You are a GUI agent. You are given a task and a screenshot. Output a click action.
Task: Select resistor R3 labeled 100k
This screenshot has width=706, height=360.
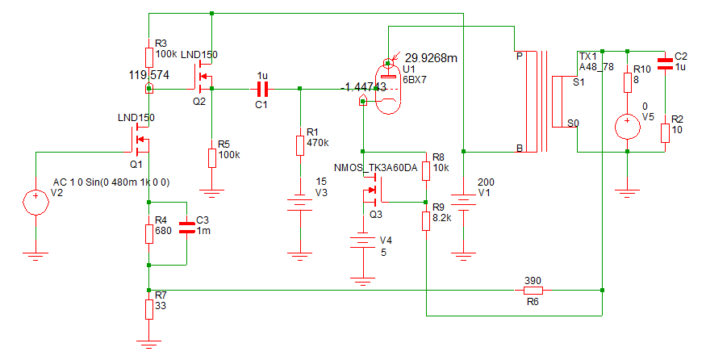[x=149, y=57]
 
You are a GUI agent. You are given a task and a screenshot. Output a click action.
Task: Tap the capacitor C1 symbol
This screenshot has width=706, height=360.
[x=262, y=90]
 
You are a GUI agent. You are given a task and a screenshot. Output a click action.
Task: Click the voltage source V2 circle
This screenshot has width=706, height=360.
[x=36, y=203]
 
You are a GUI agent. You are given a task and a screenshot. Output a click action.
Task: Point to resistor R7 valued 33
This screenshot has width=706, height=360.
[x=149, y=309]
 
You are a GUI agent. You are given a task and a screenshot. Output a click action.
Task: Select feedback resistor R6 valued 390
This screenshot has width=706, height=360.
[x=533, y=291]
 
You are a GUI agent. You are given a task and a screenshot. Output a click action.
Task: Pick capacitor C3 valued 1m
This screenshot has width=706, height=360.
[x=187, y=227]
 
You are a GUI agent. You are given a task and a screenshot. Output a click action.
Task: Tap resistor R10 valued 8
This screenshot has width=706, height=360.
[x=628, y=82]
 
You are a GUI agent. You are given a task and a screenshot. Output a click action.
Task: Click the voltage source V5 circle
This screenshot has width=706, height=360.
[x=628, y=126]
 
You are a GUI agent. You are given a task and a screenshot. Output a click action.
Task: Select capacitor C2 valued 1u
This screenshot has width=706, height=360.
[x=665, y=64]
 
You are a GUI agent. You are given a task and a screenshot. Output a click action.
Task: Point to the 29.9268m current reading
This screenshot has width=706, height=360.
[x=431, y=58]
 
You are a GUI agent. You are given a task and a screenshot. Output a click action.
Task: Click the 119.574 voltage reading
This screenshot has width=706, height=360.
[x=149, y=75]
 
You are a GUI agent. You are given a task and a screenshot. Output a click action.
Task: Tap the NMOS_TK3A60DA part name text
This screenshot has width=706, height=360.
[x=375, y=168]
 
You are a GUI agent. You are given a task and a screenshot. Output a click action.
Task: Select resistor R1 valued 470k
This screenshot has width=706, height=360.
[x=300, y=145]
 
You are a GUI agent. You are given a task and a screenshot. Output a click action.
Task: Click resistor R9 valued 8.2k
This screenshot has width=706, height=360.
[x=426, y=221]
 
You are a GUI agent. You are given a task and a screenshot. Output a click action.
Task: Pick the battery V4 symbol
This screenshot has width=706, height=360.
[x=362, y=241]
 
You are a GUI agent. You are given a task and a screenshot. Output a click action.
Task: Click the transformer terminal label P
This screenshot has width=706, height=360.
[x=519, y=57]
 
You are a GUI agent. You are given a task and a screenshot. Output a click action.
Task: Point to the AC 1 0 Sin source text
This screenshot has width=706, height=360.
[x=111, y=182]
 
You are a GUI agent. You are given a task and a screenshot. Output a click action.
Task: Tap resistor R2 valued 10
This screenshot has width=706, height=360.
[x=665, y=133]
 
